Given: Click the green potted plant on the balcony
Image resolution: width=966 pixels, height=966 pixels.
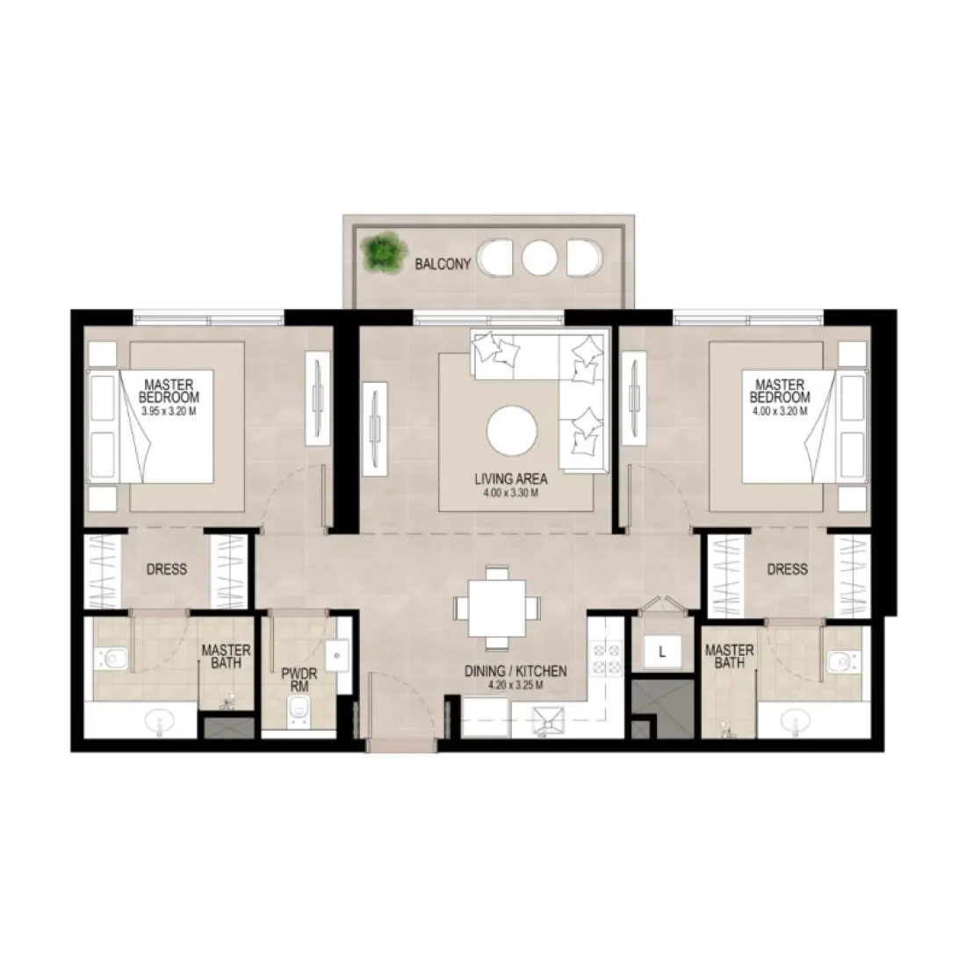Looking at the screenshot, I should [x=380, y=252].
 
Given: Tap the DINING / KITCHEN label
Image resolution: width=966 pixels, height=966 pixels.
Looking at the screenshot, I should [x=515, y=671].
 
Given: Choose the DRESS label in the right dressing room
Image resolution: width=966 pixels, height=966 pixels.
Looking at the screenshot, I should [x=786, y=569].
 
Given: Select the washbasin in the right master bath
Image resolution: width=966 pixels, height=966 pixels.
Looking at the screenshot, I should [x=799, y=724].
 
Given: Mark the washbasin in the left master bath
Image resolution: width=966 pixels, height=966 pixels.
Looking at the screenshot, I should [x=160, y=724].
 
